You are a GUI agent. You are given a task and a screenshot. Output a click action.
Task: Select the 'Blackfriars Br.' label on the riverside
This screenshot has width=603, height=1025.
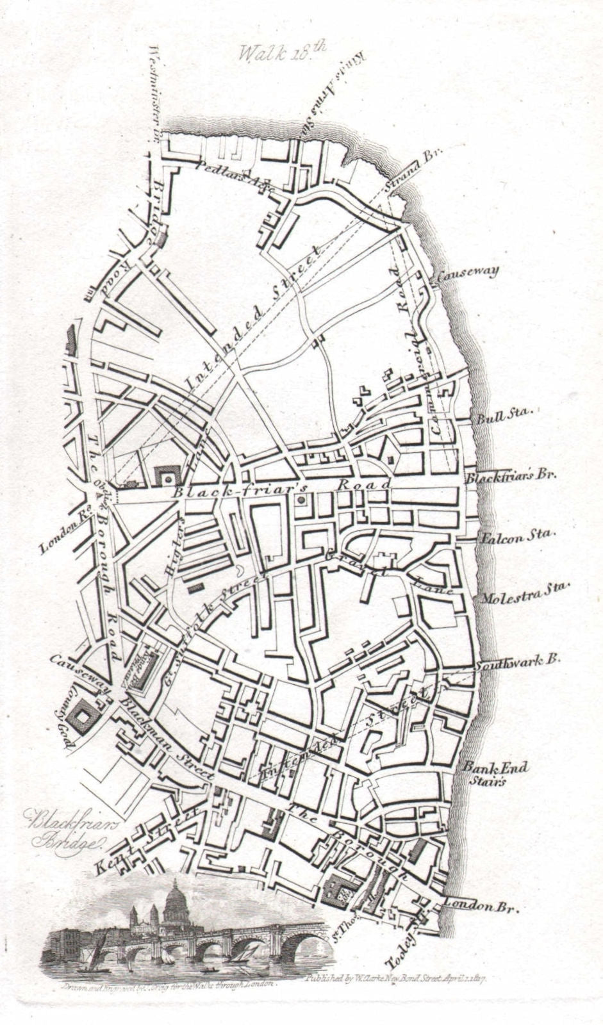511,475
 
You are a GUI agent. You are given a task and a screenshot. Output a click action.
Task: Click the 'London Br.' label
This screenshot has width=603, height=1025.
480,906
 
